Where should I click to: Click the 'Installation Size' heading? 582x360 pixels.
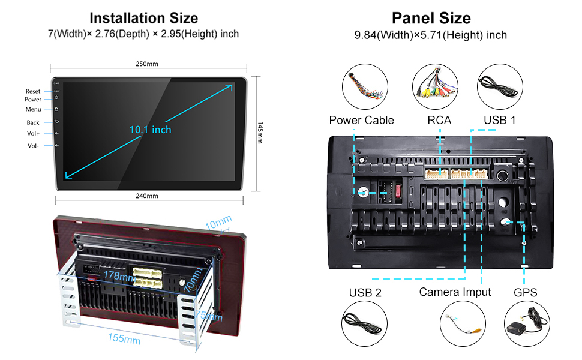click(143, 18)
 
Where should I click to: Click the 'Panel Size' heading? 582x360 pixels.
click(431, 18)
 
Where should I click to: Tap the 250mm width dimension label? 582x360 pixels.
click(147, 64)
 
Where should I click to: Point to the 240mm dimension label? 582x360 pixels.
click(147, 196)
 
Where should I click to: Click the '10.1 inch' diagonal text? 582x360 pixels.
click(150, 130)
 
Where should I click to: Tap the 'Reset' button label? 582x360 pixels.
click(33, 91)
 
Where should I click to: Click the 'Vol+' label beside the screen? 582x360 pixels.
click(33, 134)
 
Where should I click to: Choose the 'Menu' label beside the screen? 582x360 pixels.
click(33, 109)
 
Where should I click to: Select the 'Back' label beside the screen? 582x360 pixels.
click(33, 122)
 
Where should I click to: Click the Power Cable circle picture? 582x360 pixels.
click(365, 88)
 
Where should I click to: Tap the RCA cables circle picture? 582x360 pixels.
click(436, 88)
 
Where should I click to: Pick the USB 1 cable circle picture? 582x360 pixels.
click(500, 88)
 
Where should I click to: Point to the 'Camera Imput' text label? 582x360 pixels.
click(455, 292)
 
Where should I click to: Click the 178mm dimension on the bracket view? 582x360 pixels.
click(119, 277)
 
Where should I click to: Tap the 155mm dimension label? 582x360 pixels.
click(124, 339)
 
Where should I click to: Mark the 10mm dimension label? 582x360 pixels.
click(218, 223)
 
